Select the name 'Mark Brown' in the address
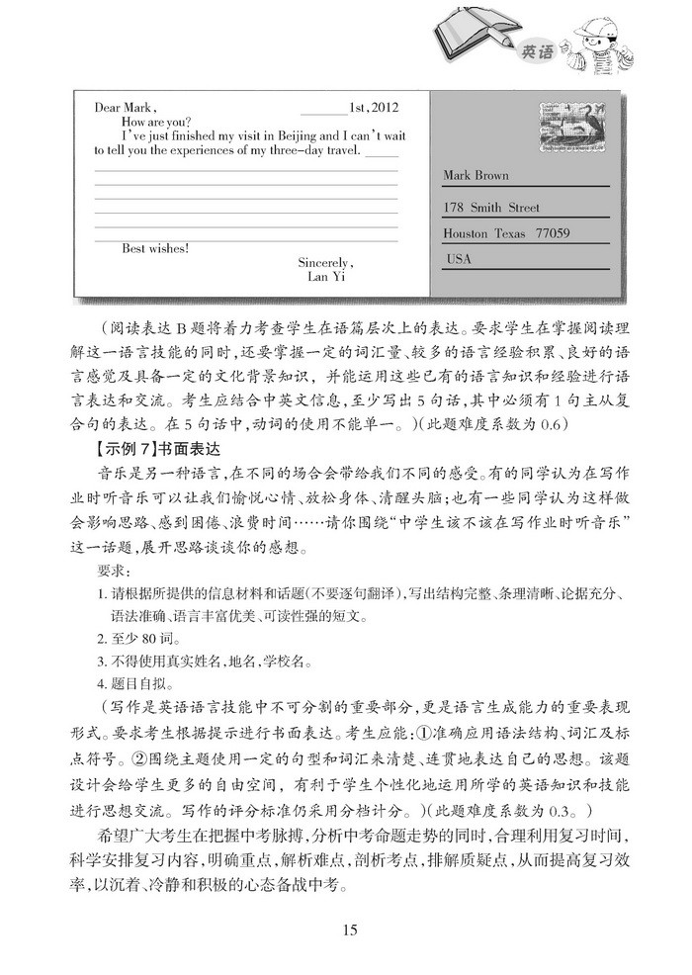tap(476, 176)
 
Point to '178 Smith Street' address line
tap(492, 209)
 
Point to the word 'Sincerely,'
tap(324, 263)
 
